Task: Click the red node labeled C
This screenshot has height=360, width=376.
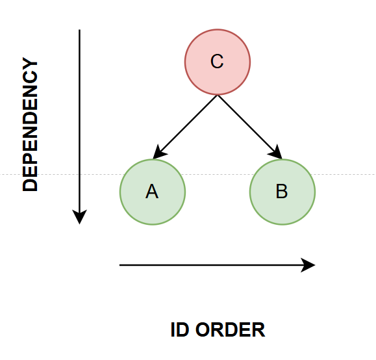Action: [218, 62]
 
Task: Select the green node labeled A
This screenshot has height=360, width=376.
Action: [153, 192]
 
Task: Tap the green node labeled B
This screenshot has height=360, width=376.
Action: [282, 192]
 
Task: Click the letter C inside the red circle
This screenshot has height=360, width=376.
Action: [217, 62]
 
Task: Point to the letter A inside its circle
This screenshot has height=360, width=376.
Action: [152, 191]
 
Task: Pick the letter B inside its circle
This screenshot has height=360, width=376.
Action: [282, 191]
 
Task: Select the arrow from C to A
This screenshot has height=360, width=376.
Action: [185, 127]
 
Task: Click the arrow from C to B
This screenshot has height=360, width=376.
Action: [250, 127]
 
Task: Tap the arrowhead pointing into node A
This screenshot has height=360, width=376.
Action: [158, 153]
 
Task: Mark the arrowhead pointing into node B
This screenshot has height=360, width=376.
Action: [276, 153]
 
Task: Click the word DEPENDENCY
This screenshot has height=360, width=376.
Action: [31, 124]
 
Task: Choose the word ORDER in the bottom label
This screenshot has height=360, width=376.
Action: [230, 330]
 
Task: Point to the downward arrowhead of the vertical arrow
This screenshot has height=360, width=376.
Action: [80, 217]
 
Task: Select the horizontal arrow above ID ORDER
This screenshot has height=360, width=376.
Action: [218, 265]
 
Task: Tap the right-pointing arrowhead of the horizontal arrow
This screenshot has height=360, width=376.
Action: [308, 265]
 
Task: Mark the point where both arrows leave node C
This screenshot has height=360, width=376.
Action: [218, 96]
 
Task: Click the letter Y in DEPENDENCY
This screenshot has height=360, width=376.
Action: [31, 64]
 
